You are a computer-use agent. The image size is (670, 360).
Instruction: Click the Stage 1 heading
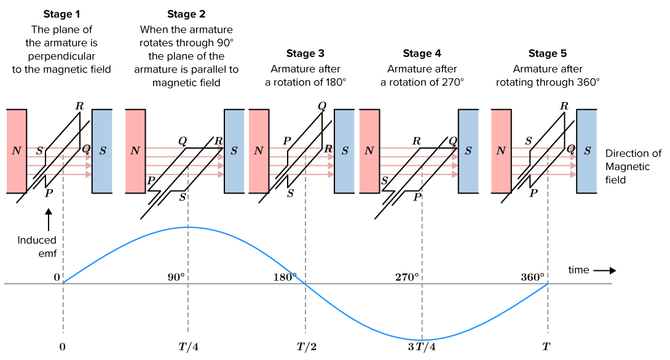pos(61,14)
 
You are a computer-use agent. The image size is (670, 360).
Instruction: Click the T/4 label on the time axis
pos(187,347)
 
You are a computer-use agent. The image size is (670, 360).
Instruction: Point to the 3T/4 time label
pos(422,347)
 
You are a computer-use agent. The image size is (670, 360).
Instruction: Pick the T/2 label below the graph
pos(305,347)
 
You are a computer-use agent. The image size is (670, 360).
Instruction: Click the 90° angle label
pos(176,277)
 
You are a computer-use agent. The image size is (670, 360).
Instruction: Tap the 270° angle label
pos(407,277)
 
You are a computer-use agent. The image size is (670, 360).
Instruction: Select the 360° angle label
pos(532,277)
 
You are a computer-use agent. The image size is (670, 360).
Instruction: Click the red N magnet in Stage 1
pos(17,151)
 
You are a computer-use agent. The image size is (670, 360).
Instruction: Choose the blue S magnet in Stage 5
pos(587,151)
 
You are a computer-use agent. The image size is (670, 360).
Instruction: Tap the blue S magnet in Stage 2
pos(234,151)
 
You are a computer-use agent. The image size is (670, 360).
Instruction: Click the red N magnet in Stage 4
pos(369,151)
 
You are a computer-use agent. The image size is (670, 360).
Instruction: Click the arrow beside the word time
pos(605,270)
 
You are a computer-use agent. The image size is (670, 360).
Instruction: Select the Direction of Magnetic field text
pos(633,166)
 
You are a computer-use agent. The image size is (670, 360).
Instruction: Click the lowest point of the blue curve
pos(422,340)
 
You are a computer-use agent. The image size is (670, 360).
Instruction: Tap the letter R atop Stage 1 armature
pos(79,104)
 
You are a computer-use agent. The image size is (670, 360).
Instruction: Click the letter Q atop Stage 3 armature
pos(321,104)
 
